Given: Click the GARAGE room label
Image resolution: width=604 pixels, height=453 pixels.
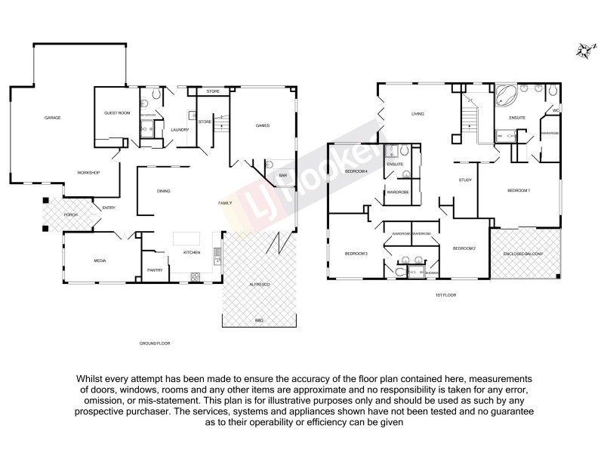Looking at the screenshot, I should point(52,118).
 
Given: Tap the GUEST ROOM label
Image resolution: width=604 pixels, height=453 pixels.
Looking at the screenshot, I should point(117,112).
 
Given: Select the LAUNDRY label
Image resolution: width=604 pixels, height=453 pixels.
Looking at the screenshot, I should point(180,130).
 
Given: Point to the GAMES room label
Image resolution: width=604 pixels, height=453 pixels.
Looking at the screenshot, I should point(262,125).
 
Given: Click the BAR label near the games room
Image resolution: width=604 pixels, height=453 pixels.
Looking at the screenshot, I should point(283,175).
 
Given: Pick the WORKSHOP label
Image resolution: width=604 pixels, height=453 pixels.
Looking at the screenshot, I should point(88,173).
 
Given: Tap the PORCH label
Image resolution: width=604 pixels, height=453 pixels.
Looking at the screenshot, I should point(70,214).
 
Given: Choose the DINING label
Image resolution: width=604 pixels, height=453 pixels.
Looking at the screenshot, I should point(163,191).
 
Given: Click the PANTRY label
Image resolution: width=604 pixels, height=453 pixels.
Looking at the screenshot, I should point(155,270).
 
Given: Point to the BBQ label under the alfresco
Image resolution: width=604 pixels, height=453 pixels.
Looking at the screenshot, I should point(258,320).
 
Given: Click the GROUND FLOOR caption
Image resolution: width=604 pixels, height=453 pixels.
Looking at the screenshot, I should point(154,344).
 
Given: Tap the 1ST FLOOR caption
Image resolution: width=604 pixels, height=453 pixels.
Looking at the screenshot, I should point(445,294).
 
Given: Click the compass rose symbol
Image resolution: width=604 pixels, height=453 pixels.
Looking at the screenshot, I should point(583,51).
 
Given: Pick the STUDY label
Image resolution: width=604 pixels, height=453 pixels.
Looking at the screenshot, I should point(465,180).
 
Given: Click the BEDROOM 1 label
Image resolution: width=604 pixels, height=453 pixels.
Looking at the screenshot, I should point(518,190).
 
